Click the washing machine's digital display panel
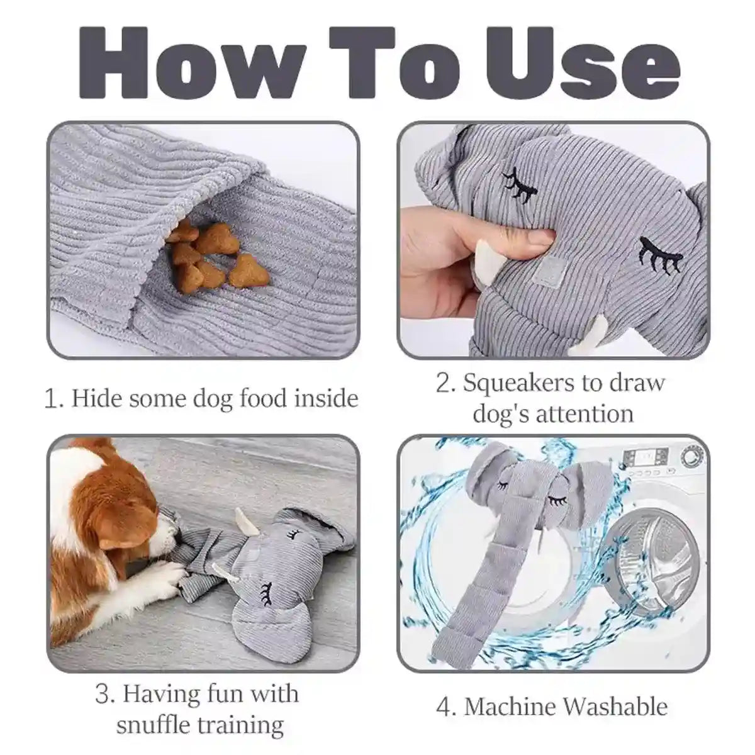638,455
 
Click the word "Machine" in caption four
510,707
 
